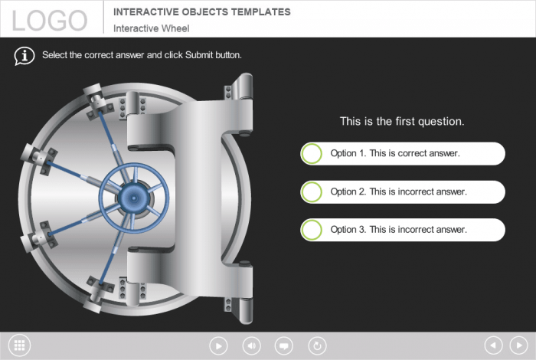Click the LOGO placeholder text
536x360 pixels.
click(50, 21)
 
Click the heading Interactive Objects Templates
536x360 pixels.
click(202, 12)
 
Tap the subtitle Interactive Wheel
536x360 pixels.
click(152, 28)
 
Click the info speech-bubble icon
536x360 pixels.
click(25, 56)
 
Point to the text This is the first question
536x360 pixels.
click(402, 121)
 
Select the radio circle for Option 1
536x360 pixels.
click(312, 153)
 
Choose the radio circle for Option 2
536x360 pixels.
click(312, 191)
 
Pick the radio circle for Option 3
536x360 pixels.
click(312, 229)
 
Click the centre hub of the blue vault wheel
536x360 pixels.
click(134, 198)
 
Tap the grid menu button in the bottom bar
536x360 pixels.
click(19, 345)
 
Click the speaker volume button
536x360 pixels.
click(252, 345)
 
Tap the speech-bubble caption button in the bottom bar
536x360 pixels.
click(284, 345)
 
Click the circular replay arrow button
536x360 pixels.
click(317, 345)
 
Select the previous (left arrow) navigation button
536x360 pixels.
click(494, 345)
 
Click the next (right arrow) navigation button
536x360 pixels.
click(519, 345)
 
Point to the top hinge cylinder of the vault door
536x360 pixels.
click(246, 86)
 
